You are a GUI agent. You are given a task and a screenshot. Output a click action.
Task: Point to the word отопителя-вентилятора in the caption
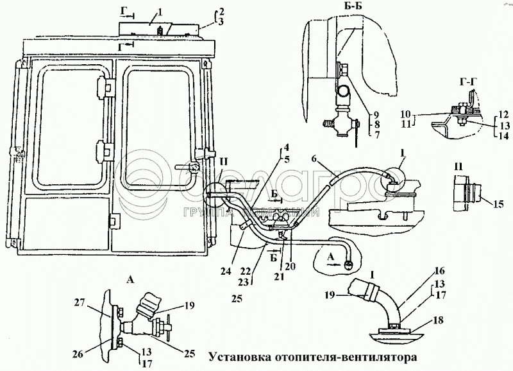(x=347, y=355)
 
